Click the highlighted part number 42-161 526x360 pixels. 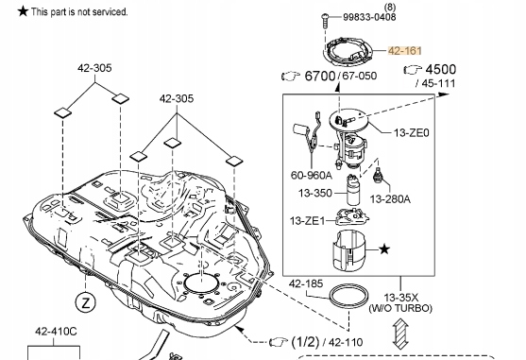tap(404, 51)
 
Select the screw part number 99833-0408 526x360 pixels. tap(369, 17)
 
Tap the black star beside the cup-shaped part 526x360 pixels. tap(384, 249)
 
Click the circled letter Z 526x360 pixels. tap(86, 302)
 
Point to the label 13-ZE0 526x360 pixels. tap(412, 133)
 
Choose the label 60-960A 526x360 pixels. tap(311, 175)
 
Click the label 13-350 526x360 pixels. tap(315, 194)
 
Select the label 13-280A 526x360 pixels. tap(390, 199)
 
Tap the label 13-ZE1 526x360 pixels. tap(307, 221)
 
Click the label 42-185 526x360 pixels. tap(306, 283)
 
